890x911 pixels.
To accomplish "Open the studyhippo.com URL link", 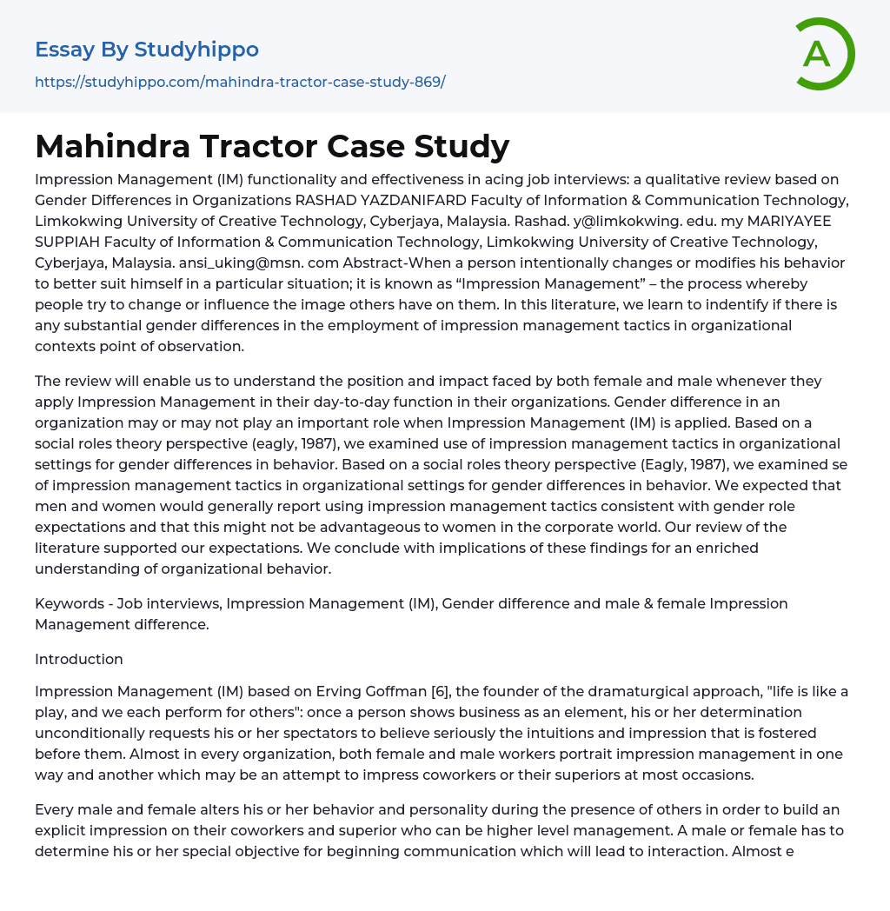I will pyautogui.click(x=240, y=82).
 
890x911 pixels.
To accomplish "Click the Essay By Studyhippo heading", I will pyautogui.click(x=147, y=50).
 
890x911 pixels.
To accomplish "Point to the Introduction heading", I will pyautogui.click(x=79, y=659).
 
